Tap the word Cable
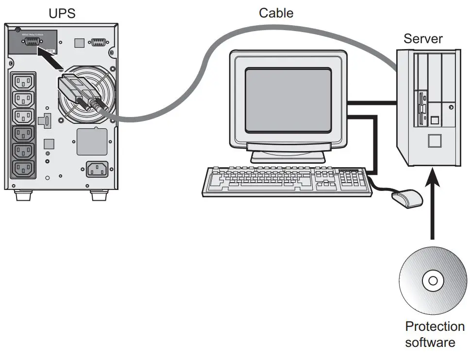click(x=276, y=13)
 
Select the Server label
click(x=423, y=38)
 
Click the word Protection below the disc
click(x=435, y=326)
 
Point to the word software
click(x=430, y=342)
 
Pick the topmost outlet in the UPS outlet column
click(x=23, y=81)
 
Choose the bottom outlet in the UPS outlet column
click(x=23, y=169)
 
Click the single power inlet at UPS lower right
click(x=97, y=169)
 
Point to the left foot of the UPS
click(x=23, y=196)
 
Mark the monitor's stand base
click(x=287, y=156)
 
